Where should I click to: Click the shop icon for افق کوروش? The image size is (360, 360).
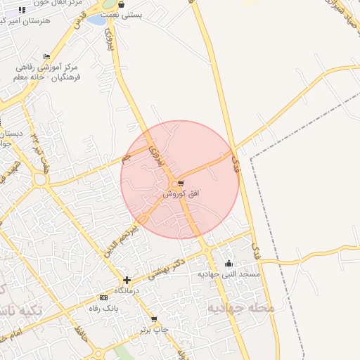click(x=181, y=184)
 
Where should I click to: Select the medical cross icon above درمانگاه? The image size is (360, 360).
click(x=127, y=280)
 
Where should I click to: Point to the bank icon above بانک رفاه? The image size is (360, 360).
click(x=104, y=298)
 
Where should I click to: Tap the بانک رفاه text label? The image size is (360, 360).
click(x=103, y=308)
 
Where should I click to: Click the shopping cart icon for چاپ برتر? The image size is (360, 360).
click(x=154, y=319)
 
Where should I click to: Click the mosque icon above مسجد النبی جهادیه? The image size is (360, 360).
click(x=229, y=264)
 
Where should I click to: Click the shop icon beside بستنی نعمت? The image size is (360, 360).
click(x=121, y=4)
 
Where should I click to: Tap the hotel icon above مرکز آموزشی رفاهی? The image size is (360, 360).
click(x=47, y=56)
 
